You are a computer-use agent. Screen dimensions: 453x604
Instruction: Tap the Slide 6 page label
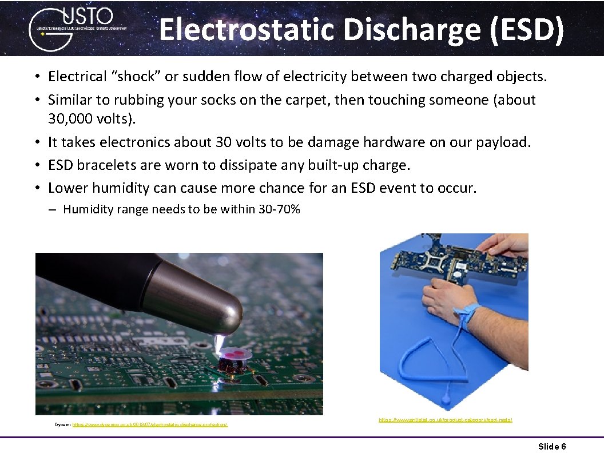click(x=552, y=446)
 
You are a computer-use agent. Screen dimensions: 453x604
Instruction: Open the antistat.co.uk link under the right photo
click(x=445, y=420)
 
